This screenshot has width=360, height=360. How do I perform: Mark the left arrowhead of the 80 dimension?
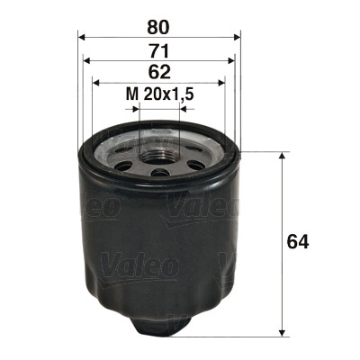click(83, 37)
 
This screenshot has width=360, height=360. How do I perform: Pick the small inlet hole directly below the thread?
click(159, 172)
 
